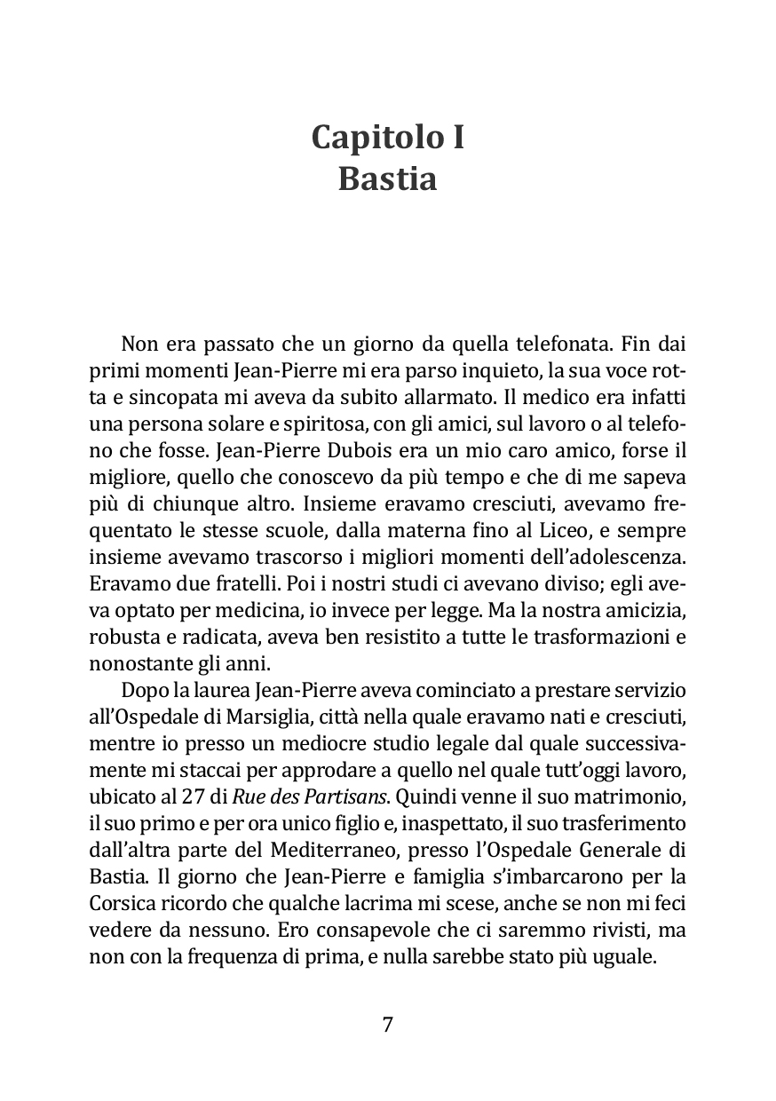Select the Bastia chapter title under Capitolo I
[x=388, y=179]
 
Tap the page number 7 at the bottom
[x=388, y=1024]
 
